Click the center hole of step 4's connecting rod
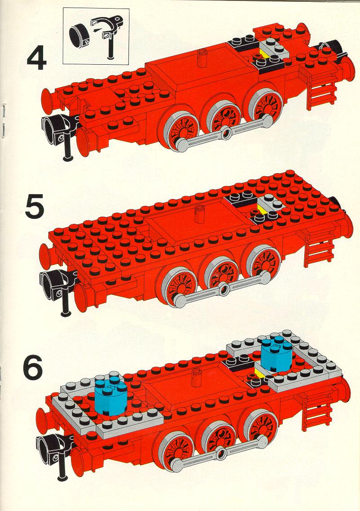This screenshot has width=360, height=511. [227, 132]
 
